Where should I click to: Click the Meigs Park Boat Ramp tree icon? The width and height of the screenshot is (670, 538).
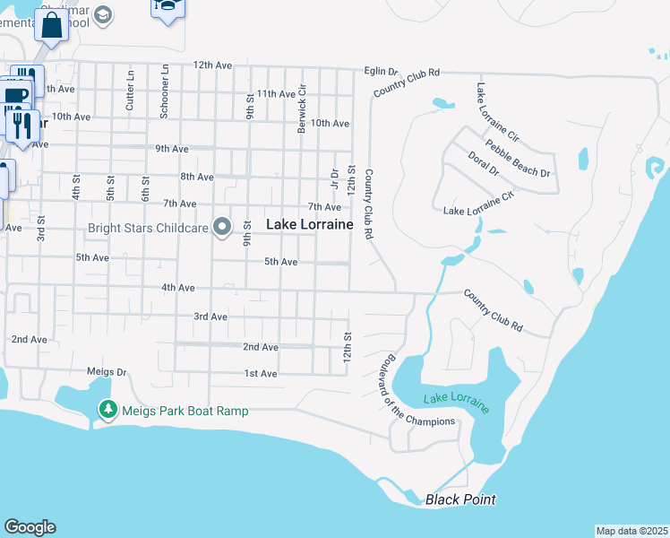click(x=108, y=410)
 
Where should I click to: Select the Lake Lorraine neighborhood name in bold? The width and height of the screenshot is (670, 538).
click(x=310, y=224)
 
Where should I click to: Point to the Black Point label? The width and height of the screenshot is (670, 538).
click(x=460, y=499)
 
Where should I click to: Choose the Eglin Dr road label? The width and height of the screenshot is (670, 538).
click(x=381, y=71)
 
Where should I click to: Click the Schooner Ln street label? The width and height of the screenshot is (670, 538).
click(x=165, y=91)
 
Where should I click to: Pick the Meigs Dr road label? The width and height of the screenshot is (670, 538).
click(x=107, y=372)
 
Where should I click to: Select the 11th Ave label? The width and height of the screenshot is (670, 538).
click(x=276, y=94)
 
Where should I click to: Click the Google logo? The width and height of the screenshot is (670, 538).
click(x=30, y=527)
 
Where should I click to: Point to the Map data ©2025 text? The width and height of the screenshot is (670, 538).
click(x=631, y=531)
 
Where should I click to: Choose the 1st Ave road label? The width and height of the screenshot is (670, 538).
click(x=261, y=373)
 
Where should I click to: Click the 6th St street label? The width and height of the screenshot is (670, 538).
click(x=145, y=188)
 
